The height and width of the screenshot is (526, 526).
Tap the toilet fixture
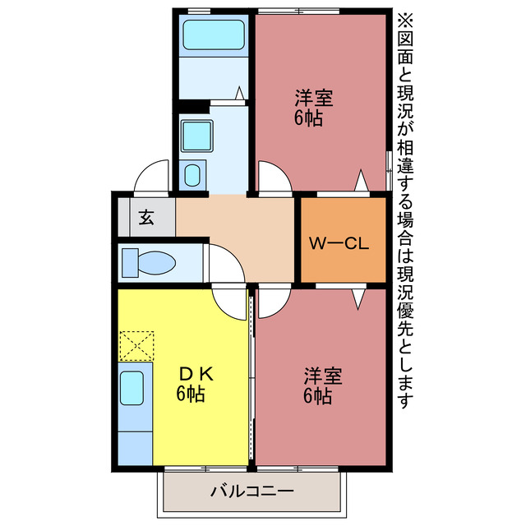(x=148, y=263)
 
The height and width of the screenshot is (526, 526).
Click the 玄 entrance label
(x=146, y=218)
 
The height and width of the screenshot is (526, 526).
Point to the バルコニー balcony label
(x=251, y=492)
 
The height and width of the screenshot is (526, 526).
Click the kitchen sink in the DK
(x=131, y=387)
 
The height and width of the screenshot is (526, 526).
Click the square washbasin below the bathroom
(x=197, y=133)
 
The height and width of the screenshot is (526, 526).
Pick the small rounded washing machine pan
(x=192, y=174)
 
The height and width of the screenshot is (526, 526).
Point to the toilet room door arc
(x=225, y=263)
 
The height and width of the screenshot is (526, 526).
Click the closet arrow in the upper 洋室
(x=360, y=180)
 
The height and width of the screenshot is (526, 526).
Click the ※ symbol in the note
(x=407, y=17)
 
